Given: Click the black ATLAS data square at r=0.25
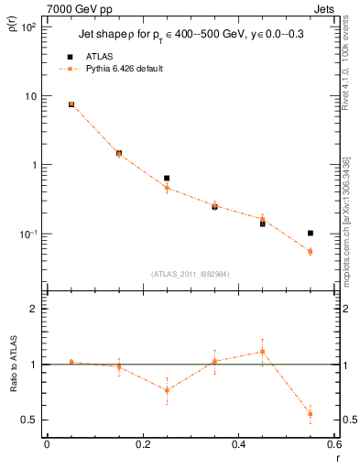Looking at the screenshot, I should pyautogui.click(x=167, y=178).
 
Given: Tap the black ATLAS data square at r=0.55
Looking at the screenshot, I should pyautogui.click(x=311, y=234).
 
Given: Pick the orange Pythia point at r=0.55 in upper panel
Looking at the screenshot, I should pyautogui.click(x=311, y=251).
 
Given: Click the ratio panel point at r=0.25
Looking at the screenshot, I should pyautogui.click(x=167, y=390).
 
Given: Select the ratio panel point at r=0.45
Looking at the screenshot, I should pyautogui.click(x=263, y=351).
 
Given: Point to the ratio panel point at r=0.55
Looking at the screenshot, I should pyautogui.click(x=311, y=414).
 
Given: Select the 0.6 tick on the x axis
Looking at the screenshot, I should pyautogui.click(x=334, y=443).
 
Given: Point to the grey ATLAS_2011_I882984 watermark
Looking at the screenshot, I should pyautogui.click(x=191, y=274).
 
